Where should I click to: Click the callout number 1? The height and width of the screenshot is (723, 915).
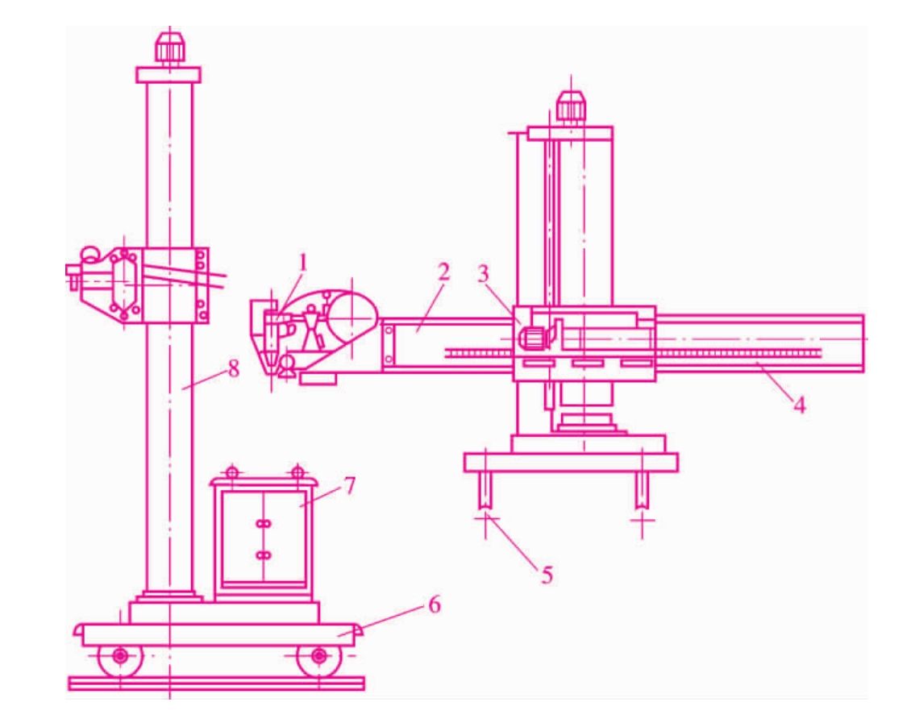(x=302, y=264)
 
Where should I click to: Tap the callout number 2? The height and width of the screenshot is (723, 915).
(x=444, y=272)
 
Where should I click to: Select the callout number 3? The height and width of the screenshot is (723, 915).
(x=483, y=274)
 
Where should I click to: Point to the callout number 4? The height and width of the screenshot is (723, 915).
(x=800, y=405)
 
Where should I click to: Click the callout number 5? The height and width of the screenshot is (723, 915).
(x=547, y=575)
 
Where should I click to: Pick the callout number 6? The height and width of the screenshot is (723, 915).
(x=435, y=605)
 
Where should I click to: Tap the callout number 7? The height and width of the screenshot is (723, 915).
(x=349, y=486)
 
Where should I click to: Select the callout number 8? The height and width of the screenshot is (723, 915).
(x=234, y=368)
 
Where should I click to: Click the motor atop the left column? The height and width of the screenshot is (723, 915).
(x=170, y=49)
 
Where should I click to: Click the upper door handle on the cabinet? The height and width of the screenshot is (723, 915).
(x=263, y=524)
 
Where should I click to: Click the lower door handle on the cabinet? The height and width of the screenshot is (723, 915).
(x=263, y=555)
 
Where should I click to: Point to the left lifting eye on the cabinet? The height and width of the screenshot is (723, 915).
(x=232, y=472)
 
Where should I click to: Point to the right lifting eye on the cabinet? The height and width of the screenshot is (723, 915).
(x=297, y=472)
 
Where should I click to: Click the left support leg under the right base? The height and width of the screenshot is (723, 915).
(x=485, y=489)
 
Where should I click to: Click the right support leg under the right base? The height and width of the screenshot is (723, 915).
(x=642, y=489)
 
